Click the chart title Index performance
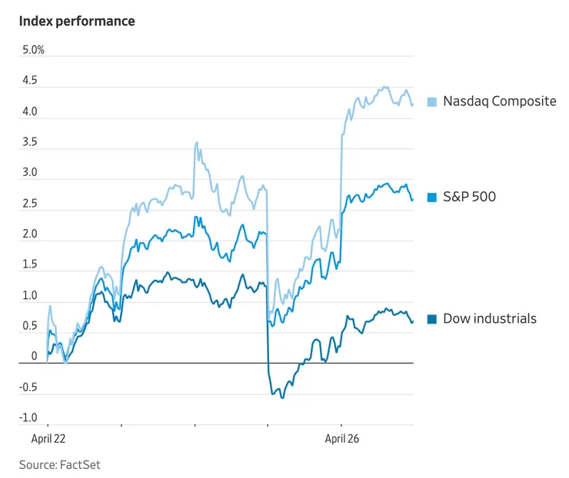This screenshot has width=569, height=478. [x=77, y=22]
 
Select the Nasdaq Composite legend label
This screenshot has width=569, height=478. [x=499, y=101]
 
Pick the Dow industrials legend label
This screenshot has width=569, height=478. [x=490, y=318]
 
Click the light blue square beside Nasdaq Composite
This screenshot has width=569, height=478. [x=432, y=101]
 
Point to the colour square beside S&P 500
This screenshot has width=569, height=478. [x=432, y=198]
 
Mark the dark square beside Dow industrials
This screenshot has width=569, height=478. [x=432, y=319]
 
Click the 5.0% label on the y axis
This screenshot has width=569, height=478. [x=33, y=50]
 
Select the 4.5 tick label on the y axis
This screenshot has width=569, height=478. [x=29, y=81]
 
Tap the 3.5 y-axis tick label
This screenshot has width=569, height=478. [x=29, y=142]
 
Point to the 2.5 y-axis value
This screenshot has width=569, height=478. [x=29, y=204]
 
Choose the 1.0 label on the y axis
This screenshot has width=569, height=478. [x=29, y=295]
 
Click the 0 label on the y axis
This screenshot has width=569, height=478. [x=34, y=357]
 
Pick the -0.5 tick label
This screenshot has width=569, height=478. [x=28, y=387]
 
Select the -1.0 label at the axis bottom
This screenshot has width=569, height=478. [x=28, y=418]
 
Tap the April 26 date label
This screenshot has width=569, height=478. [x=341, y=440]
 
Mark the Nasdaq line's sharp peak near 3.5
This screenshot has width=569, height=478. [x=197, y=142]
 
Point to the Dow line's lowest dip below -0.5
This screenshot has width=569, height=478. [x=282, y=397]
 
